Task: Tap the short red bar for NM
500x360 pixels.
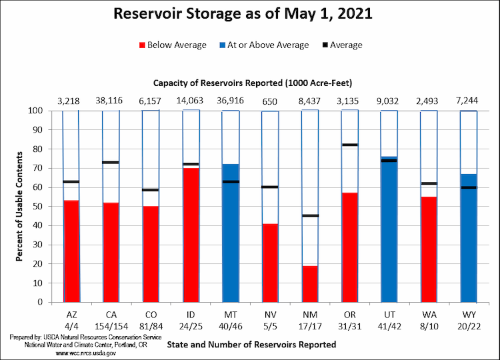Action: click(x=310, y=283)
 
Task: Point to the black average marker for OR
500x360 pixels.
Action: click(x=349, y=145)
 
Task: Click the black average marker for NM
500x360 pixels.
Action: click(x=310, y=215)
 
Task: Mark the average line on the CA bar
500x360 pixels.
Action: click(x=111, y=162)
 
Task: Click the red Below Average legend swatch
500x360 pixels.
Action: click(x=142, y=45)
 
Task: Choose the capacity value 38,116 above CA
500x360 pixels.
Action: click(x=111, y=101)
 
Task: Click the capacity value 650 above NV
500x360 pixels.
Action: click(x=270, y=101)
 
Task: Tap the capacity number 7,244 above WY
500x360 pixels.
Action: click(x=468, y=101)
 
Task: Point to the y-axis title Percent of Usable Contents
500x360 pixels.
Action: click(x=20, y=206)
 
